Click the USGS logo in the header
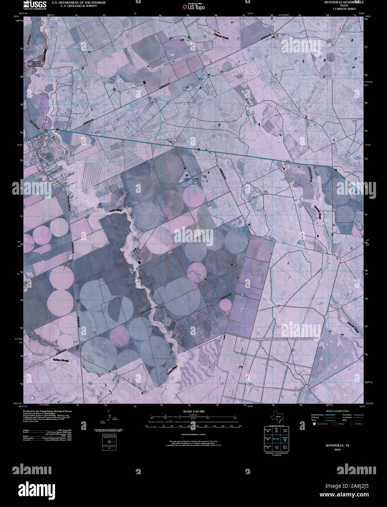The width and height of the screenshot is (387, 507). click(35, 4)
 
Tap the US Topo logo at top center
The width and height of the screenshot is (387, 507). click(193, 6)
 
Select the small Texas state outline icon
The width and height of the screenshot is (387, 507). click(276, 417)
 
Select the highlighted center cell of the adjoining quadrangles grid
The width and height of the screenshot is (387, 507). click(277, 438)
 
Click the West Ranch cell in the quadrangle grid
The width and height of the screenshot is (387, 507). click(285, 446)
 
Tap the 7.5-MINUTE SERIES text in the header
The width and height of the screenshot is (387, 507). click(341, 8)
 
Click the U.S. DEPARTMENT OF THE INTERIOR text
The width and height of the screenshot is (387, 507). click(79, 3)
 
